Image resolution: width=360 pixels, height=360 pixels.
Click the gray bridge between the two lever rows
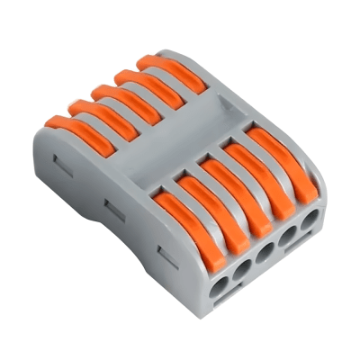click(x=180, y=144)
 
